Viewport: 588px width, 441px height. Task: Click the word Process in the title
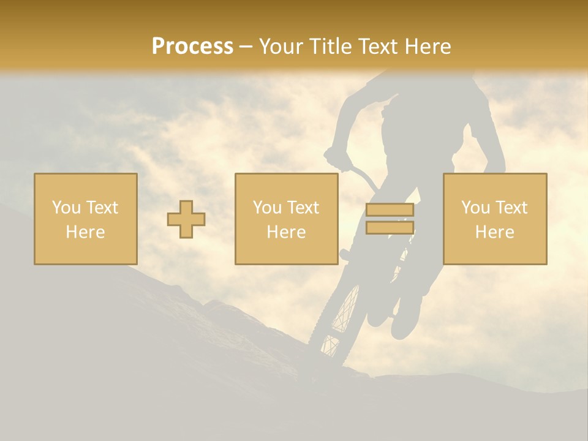(192, 47)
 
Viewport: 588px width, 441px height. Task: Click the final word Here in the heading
(428, 47)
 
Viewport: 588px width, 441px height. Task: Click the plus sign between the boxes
(186, 219)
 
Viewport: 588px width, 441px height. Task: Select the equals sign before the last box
(390, 219)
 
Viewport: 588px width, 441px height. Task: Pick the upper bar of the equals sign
(390, 209)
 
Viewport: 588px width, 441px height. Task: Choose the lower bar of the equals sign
(390, 228)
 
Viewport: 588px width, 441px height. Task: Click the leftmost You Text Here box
(85, 219)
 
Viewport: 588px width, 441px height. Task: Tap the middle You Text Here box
(286, 219)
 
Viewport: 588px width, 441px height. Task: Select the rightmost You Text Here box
(494, 219)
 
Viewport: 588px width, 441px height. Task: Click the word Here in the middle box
(286, 232)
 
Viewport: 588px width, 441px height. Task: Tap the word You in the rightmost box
(475, 208)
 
